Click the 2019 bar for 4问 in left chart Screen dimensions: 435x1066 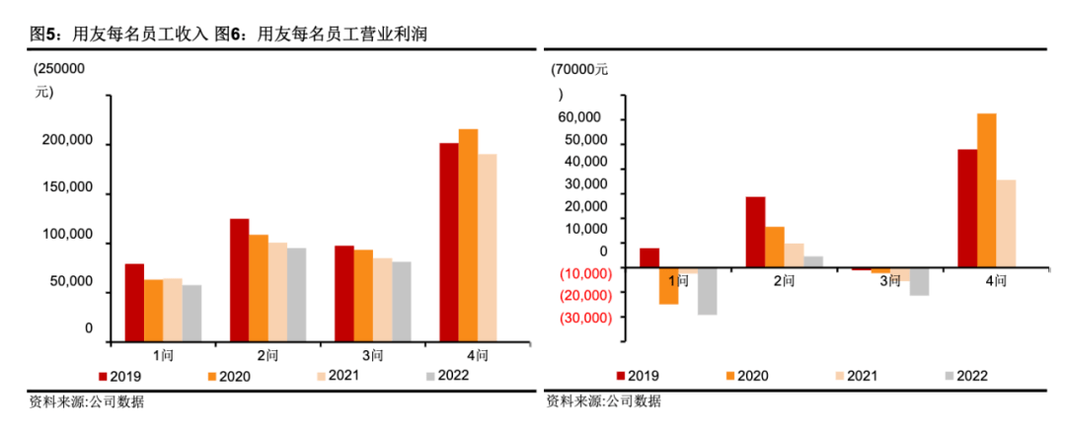tap(449, 242)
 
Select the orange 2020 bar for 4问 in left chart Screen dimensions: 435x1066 tap(468, 235)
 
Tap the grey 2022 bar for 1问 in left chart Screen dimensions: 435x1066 tap(191, 313)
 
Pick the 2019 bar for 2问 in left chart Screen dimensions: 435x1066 tap(240, 279)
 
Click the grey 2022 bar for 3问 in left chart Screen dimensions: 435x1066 tap(401, 301)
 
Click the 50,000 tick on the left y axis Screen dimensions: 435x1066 tap(72, 281)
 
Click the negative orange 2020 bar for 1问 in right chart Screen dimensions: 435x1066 tap(668, 286)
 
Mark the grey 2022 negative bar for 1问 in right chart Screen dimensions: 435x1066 tap(707, 291)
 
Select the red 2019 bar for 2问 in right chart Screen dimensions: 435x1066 tap(755, 232)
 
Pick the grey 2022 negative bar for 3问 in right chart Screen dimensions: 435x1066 tap(919, 282)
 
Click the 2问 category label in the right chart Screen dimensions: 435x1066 tap(784, 281)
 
